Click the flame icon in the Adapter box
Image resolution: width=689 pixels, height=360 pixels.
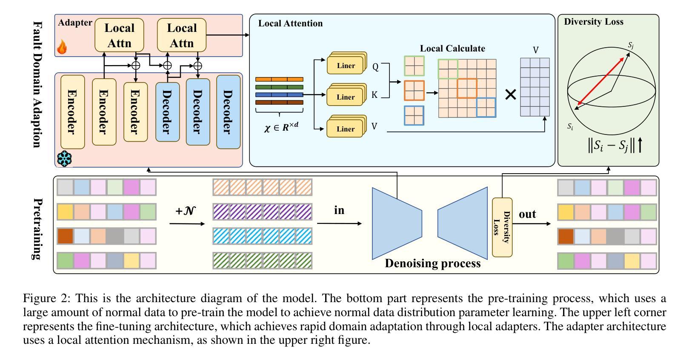click(x=62, y=47)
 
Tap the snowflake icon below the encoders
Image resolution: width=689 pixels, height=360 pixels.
click(x=64, y=158)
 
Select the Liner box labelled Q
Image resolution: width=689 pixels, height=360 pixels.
click(x=346, y=66)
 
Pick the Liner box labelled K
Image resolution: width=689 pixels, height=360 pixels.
click(x=346, y=97)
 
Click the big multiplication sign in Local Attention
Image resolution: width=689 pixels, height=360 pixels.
click(x=510, y=94)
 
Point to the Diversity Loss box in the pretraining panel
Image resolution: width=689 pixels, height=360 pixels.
click(x=502, y=227)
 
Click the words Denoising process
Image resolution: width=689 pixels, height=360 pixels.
click(x=432, y=263)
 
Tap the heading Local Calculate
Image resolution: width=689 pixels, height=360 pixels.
click(x=452, y=49)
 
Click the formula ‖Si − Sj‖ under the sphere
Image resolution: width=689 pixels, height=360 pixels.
click(x=609, y=146)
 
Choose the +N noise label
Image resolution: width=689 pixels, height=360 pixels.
click(x=186, y=211)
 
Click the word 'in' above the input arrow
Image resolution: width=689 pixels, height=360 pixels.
click(x=339, y=210)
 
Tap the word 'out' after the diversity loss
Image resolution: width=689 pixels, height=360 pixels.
click(x=527, y=214)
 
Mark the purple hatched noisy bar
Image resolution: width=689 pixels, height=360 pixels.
click(x=262, y=211)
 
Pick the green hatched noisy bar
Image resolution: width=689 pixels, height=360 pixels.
click(x=262, y=260)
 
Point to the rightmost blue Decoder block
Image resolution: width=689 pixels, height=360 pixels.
click(x=228, y=112)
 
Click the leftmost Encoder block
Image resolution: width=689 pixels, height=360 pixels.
click(x=72, y=112)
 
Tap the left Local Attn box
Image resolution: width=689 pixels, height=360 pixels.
click(x=119, y=36)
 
